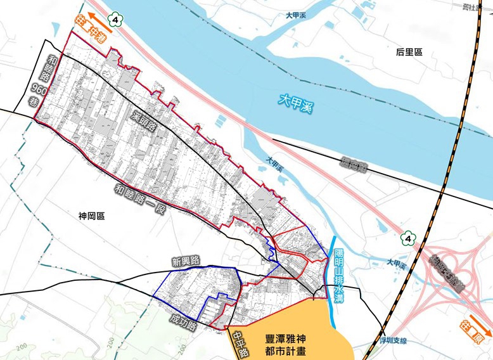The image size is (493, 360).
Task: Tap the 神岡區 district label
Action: click(91, 216)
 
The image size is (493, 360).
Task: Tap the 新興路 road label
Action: click(185, 260)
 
